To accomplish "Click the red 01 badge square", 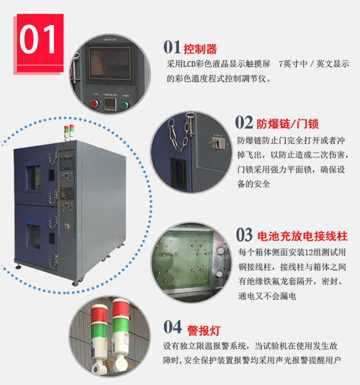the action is pos(40,43).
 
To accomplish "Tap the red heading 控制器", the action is pos(200,48).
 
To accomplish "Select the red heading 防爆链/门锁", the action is pos(287,123).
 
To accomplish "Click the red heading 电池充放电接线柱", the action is pos(302,236).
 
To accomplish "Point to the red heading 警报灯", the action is pos(204,330).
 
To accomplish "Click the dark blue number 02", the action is pos(244,122).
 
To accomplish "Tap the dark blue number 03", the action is pos(244,235).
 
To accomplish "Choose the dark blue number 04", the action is pos(173,326).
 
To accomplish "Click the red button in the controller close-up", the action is pos(95,104).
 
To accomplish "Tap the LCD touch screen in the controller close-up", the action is pos(109,63).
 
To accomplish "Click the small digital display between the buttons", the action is pos(111,104).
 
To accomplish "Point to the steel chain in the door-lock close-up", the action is pos(182,132).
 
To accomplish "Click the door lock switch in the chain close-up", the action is pos(219,143).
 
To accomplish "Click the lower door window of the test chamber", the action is pos(34,236).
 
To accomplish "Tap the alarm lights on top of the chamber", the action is pos(69,133).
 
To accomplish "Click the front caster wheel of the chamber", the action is pos(75,283).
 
